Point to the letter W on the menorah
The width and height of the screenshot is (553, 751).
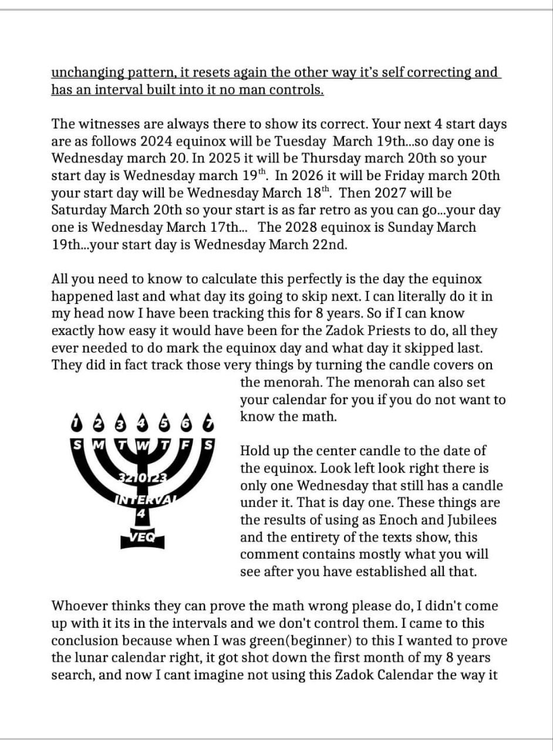142,445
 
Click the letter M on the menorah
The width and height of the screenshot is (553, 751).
98,445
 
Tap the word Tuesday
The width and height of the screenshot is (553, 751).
348,141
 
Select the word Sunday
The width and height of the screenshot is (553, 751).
432,227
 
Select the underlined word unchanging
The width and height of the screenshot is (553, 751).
89,73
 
